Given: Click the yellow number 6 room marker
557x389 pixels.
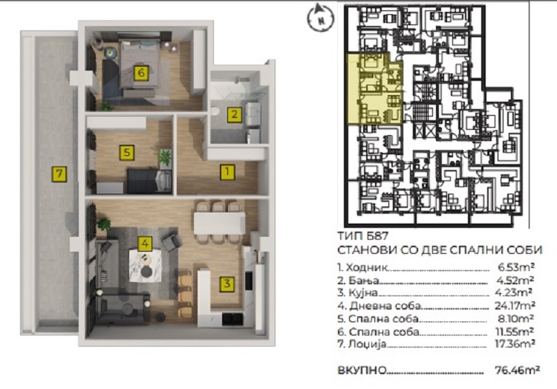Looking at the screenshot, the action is coord(141,73).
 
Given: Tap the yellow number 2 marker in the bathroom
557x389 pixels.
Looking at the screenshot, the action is coord(234,114).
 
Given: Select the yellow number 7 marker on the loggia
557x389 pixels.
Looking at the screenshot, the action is coord(59,174).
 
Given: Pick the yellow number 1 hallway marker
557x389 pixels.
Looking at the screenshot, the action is coord(227,171).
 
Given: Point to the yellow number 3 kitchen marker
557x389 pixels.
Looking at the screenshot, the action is coord(227,284).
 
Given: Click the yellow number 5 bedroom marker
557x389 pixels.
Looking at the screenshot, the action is coord(126,153).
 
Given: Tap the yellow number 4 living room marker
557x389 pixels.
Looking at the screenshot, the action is coord(145,243).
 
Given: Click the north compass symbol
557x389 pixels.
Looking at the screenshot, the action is coord(320,18).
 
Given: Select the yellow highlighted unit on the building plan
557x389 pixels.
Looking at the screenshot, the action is coord(374,88).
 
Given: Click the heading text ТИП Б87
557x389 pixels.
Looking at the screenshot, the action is coord(362,236).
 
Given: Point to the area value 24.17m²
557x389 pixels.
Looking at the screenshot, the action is coord(515,305).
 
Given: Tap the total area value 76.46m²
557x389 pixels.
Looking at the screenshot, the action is coord(518,370).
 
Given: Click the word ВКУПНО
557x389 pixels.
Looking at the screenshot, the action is coord(362,370).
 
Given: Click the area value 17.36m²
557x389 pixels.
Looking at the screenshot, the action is coord(515,344).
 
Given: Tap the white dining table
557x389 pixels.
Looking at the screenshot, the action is coord(219,223).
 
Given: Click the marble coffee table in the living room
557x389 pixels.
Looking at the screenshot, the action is coord(145,266).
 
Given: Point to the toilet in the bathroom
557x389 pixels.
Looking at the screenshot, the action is coord(215,112).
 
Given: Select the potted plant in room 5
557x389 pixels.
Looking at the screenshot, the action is coord(165,157).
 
